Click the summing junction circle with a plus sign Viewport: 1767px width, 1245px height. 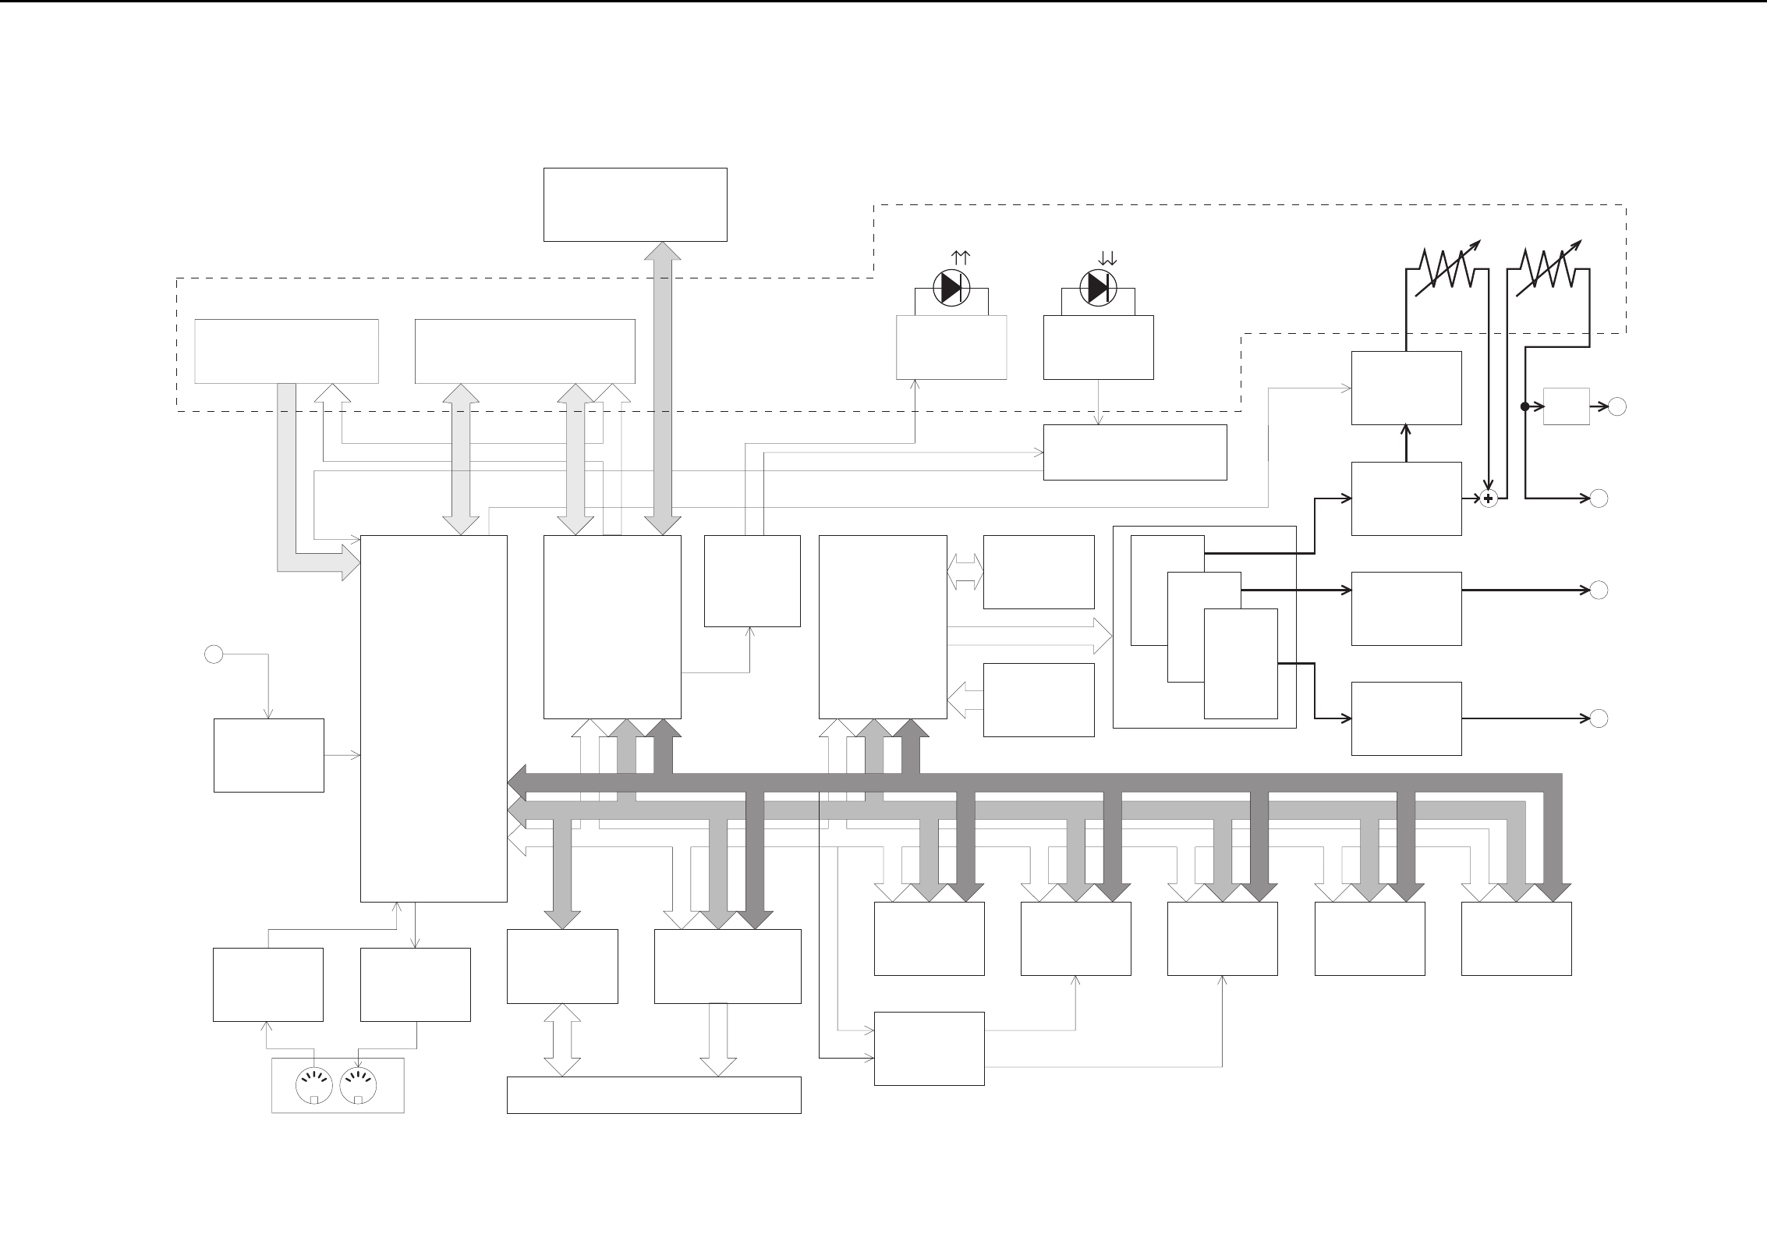point(1489,498)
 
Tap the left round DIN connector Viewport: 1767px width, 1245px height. point(314,1085)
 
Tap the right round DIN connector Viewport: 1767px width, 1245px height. point(359,1085)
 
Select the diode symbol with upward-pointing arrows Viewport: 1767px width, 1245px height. point(951,289)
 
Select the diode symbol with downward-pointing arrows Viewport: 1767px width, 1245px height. point(1098,289)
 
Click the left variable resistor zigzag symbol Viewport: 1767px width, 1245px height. point(1447,268)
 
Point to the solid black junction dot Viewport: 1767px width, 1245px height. point(1524,406)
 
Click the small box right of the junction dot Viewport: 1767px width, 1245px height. point(1566,406)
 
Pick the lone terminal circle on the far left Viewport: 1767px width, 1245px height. point(214,654)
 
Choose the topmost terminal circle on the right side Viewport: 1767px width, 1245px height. point(1618,406)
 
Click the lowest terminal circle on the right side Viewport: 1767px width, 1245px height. point(1599,718)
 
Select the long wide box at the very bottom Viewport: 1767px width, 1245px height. point(653,1094)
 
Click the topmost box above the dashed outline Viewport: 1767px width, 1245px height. point(635,204)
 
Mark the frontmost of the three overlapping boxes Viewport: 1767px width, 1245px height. point(1240,663)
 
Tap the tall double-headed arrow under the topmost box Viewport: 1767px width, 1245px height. point(663,388)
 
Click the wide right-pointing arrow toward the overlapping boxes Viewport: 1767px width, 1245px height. point(1029,636)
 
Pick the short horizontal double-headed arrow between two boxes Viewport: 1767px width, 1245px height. point(965,572)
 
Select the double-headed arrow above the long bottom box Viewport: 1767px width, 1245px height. point(562,1040)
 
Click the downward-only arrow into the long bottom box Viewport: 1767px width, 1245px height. point(718,1040)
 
